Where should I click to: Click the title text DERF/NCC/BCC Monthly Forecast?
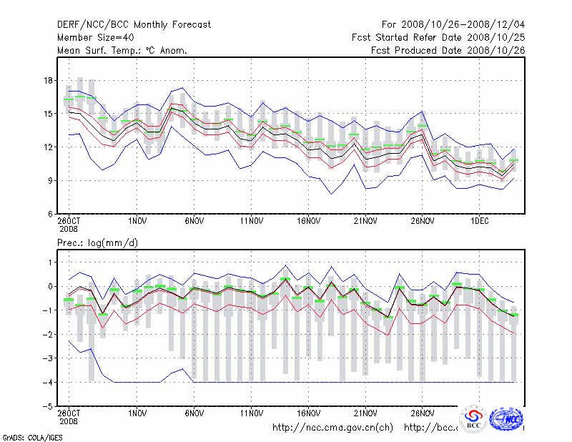[x=134, y=24]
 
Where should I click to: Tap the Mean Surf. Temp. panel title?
[x=122, y=50]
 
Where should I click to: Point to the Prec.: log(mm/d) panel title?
[x=98, y=243]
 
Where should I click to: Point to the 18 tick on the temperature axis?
[x=49, y=80]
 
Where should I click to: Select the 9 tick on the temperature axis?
[x=50, y=181]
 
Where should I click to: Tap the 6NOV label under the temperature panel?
[x=194, y=222]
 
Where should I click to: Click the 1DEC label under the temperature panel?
[x=479, y=222]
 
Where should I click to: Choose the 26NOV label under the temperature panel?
[x=422, y=222]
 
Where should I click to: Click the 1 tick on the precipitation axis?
[x=51, y=262]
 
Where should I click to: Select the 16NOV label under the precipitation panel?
[x=308, y=413]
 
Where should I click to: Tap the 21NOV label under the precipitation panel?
[x=365, y=413]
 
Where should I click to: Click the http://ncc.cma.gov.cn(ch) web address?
[x=332, y=428]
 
